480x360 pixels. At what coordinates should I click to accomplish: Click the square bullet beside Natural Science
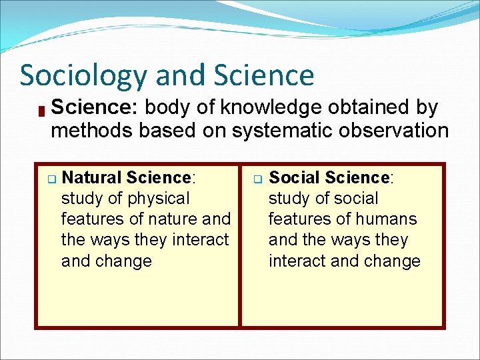[50, 179]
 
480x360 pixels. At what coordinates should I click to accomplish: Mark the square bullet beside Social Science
[257, 179]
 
